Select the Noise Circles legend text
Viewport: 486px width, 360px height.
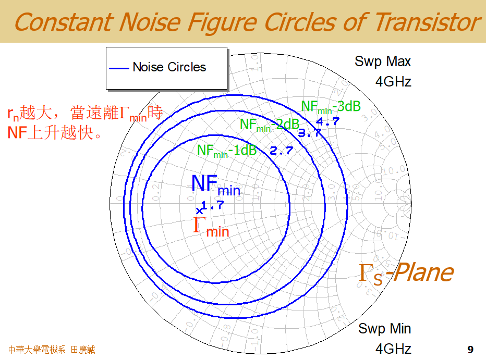(x=169, y=67)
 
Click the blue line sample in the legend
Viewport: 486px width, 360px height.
(x=119, y=68)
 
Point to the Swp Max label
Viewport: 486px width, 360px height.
(x=383, y=61)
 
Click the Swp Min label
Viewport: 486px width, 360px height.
(x=384, y=329)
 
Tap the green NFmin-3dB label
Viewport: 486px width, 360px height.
(x=331, y=107)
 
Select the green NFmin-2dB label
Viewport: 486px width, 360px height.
(x=269, y=125)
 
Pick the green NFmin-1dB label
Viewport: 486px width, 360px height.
(x=227, y=151)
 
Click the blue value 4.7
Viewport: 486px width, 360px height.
(x=328, y=121)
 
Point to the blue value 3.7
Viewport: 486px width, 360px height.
(x=309, y=133)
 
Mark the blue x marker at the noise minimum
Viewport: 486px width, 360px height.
(x=199, y=211)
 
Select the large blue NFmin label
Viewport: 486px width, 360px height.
(x=215, y=184)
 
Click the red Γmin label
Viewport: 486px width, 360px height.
(x=211, y=227)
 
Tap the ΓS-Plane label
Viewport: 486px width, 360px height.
(x=405, y=273)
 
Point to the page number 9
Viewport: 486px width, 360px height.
(x=470, y=349)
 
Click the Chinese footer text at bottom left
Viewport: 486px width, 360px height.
(x=52, y=350)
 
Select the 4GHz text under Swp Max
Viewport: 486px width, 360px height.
(x=393, y=82)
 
